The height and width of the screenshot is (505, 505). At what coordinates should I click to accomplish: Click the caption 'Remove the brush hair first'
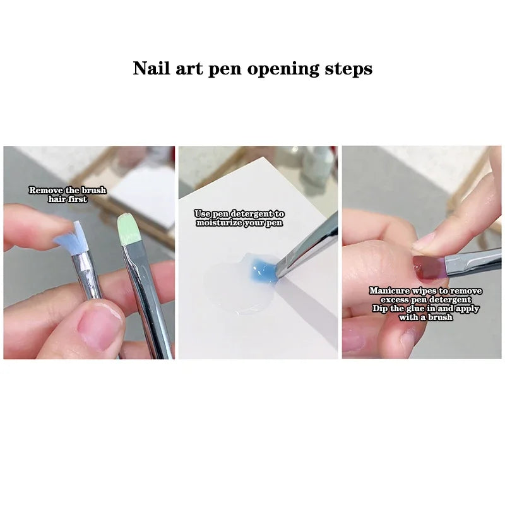[68, 194]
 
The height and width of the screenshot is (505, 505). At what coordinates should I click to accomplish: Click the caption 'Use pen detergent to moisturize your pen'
[239, 218]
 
